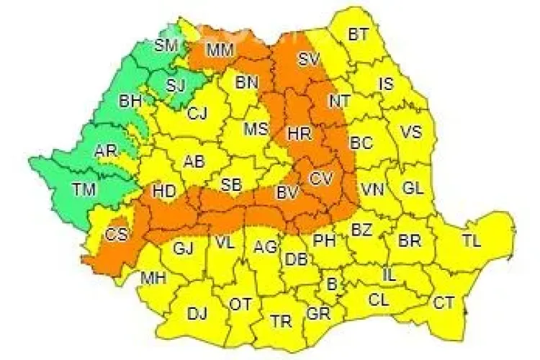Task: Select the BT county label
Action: coord(358,34)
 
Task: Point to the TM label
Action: coord(84,189)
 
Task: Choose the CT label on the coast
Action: coord(444,302)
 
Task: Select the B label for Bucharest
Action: coord(332,284)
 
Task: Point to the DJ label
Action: coord(197,313)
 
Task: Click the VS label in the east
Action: coord(410,132)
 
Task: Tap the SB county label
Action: coord(230,184)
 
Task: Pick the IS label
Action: coord(387,84)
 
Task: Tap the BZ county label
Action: coord(361,230)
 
